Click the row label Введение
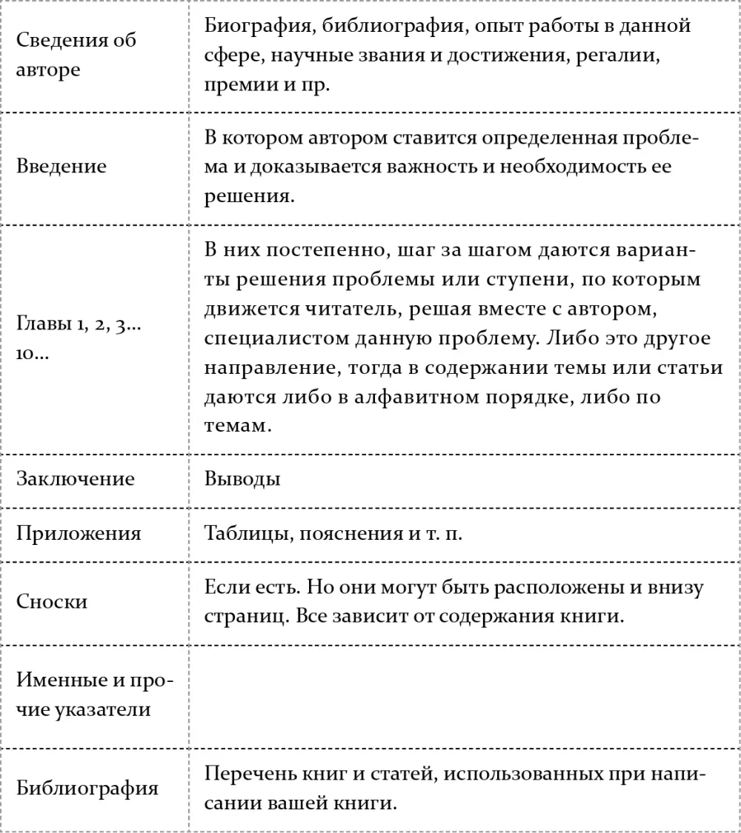62,165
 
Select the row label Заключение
76,478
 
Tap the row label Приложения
79,533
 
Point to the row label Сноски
52,601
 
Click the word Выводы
242,478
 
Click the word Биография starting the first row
255,26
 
